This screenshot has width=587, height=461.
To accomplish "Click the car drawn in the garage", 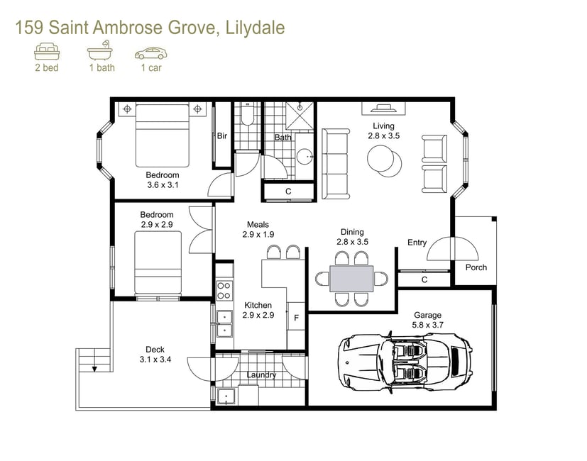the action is pos(405,362).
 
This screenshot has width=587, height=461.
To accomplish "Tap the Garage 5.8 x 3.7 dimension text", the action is pos(427,320).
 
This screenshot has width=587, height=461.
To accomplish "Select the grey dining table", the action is pos(351,279).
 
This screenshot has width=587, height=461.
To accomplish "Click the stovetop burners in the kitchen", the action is pos(224,291).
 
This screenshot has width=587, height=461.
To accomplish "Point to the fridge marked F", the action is pos(296,316).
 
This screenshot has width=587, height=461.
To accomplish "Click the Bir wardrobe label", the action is pos(222,136).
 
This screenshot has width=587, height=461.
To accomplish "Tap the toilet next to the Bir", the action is pos(247,114).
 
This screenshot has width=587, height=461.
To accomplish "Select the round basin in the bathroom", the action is pos(305,155).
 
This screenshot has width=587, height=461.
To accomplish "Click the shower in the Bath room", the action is pos(300,116).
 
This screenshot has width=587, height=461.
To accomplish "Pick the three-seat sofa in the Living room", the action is pos(336,164).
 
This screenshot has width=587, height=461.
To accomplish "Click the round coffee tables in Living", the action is pos(384,160).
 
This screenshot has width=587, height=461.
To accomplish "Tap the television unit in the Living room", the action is pos(383,109).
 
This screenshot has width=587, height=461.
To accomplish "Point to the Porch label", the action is pos(476,267).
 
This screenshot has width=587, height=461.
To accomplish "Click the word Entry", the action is pos(417,243).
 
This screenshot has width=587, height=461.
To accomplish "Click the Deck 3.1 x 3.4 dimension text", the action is pos(155,355).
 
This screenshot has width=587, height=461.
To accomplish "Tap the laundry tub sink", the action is pos(226,396).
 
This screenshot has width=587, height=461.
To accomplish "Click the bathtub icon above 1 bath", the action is pos(100,50).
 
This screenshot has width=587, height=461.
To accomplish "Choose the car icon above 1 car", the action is pos(151,53).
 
